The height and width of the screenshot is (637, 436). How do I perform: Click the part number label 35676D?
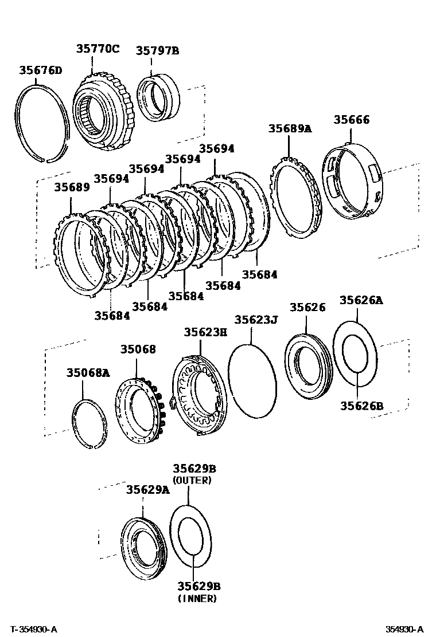point(40,70)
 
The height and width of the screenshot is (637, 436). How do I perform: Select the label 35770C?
point(98,49)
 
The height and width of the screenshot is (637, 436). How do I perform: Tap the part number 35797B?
point(157,51)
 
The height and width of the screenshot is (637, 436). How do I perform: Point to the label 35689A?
point(290,128)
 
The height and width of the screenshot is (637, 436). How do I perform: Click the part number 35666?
point(352,120)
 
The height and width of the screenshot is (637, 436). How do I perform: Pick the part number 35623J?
point(256,320)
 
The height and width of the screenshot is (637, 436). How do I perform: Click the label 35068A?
point(87,373)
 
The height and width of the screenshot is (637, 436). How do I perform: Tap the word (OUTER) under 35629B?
point(192,481)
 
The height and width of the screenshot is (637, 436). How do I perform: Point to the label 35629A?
point(148,490)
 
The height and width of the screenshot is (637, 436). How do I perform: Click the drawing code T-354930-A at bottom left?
point(33,630)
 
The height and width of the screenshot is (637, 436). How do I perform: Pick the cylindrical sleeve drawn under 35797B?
point(159,98)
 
